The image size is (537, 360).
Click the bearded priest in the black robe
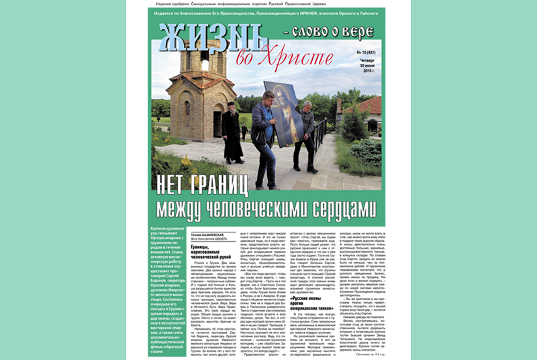tap(232, 134)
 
